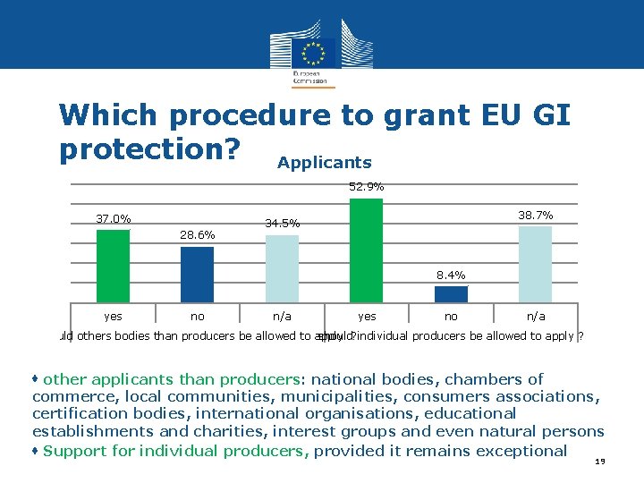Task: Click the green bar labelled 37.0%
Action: pyautogui.click(x=113, y=266)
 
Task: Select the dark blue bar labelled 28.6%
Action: pyautogui.click(x=197, y=274)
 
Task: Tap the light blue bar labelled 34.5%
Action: pyautogui.click(x=282, y=268)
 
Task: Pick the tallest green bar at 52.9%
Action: pyautogui.click(x=366, y=250)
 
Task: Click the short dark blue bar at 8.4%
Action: pyautogui.click(x=451, y=294)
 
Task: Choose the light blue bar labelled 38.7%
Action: pyautogui.click(x=535, y=264)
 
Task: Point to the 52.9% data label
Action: pyautogui.click(x=366, y=187)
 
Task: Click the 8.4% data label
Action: pyautogui.click(x=451, y=275)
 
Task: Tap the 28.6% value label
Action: pyautogui.click(x=197, y=234)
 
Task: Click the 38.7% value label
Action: pyautogui.click(x=535, y=216)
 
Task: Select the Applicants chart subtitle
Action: pyautogui.click(x=324, y=163)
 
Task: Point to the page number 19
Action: pyautogui.click(x=599, y=462)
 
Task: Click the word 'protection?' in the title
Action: pyautogui.click(x=150, y=149)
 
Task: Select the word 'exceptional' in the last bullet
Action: pyautogui.click(x=521, y=450)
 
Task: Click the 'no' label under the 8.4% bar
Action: pyautogui.click(x=451, y=316)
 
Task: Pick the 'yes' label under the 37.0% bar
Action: pyautogui.click(x=113, y=316)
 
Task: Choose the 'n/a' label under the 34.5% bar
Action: pyautogui.click(x=282, y=316)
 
